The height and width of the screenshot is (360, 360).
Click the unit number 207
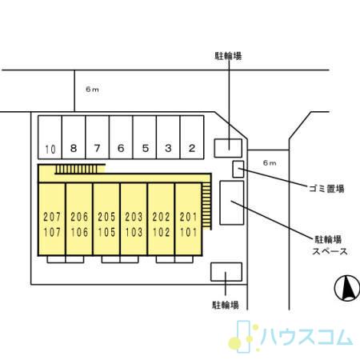click(52, 217)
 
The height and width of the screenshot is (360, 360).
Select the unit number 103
click(134, 232)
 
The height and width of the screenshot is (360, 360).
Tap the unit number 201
click(188, 217)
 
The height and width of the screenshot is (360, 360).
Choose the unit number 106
click(79, 232)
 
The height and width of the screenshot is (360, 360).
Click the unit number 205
click(106, 217)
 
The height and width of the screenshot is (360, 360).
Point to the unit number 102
click(161, 232)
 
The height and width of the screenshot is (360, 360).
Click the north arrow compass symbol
click(347, 288)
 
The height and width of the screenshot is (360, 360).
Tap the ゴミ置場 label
click(326, 189)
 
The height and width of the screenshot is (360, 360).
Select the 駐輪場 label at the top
click(228, 56)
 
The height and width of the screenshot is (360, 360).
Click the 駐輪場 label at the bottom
click(226, 305)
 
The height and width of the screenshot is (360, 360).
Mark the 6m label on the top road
click(92, 90)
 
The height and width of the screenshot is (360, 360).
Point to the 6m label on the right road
click(270, 162)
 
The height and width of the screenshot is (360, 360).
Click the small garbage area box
click(238, 169)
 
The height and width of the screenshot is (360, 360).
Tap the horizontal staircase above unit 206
click(77, 170)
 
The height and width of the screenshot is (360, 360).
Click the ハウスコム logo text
click(306, 337)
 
